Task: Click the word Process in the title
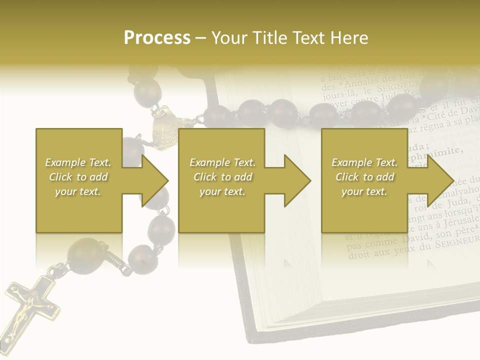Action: pos(157,37)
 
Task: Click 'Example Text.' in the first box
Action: pos(78,162)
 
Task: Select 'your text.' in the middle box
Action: pos(222,191)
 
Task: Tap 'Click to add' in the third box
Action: pos(364,177)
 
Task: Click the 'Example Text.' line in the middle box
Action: pos(222,162)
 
